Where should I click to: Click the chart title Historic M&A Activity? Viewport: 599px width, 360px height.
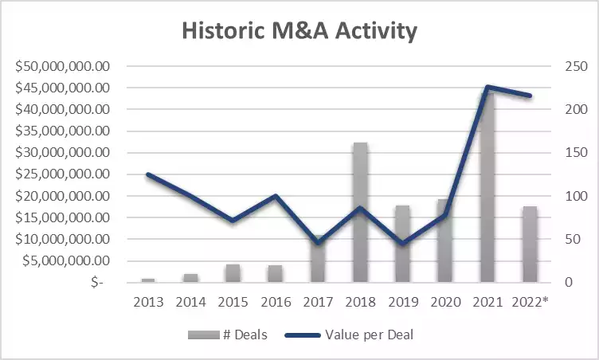299,31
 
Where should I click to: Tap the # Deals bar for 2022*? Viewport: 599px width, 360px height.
528,244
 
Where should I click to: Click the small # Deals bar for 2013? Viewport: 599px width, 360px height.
148,280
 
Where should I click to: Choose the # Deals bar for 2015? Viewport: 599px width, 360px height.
232,273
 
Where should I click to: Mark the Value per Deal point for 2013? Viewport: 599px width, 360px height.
148,174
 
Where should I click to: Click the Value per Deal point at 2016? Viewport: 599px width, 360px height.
275,196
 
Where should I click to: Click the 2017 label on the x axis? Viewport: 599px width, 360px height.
319,302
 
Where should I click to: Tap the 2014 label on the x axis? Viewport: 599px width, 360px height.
191,302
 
